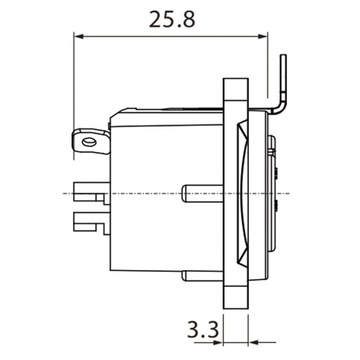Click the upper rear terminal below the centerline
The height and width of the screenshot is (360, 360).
(x=89, y=203)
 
